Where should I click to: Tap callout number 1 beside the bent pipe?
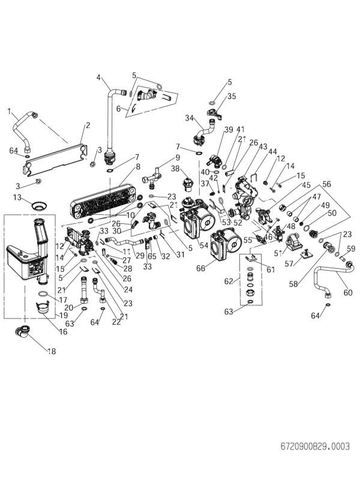(9, 110)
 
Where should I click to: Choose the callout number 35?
(232, 95)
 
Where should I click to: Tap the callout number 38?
(175, 169)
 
